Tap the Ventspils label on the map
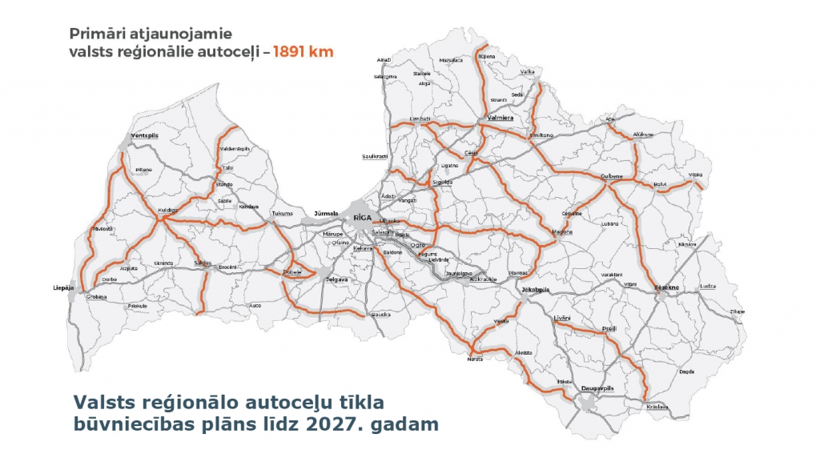pyautogui.click(x=146, y=136)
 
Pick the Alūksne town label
pyautogui.click(x=643, y=135)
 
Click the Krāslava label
pyautogui.click(x=657, y=407)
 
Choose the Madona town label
pyautogui.click(x=562, y=232)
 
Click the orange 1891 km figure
pyautogui.click(x=303, y=51)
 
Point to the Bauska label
pyautogui.click(x=380, y=314)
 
